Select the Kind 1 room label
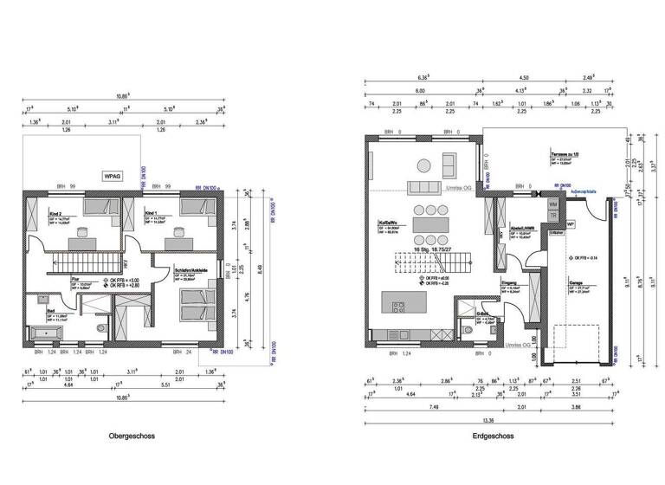[x=152, y=213]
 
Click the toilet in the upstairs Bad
[x=102, y=329]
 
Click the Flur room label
[x=76, y=280]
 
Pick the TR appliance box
[x=553, y=217]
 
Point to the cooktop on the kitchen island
[x=399, y=306]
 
